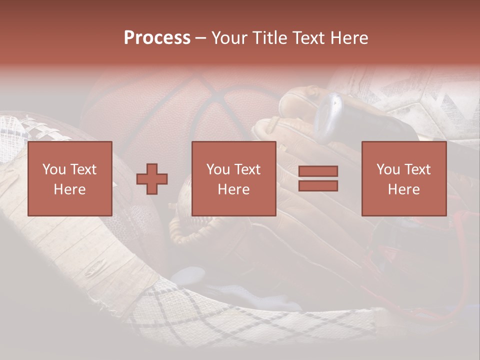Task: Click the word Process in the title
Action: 157,38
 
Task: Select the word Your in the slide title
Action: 230,38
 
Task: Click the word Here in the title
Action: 348,38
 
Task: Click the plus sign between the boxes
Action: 152,179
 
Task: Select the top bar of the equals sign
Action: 318,171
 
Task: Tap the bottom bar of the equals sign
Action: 318,185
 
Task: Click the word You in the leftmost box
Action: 54,169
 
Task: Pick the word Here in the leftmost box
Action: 69,189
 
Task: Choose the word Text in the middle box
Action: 247,169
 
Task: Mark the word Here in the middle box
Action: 233,189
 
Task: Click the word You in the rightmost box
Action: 388,169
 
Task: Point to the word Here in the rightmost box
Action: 403,189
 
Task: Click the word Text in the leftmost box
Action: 83,169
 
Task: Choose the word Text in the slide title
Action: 306,38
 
